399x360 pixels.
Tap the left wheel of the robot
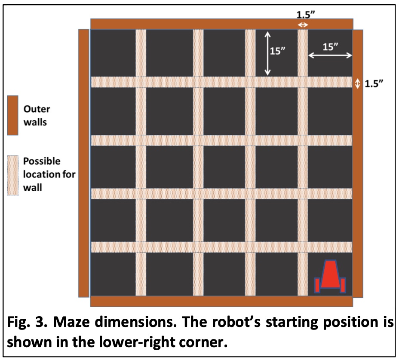coord(318,285)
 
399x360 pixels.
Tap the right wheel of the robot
coord(343,285)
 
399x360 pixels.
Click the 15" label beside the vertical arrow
coord(278,51)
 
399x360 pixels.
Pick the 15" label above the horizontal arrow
coord(330,47)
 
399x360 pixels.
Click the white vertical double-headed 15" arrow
coord(267,53)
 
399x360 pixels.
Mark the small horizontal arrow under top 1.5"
coord(303,25)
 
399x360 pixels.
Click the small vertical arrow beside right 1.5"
coord(358,84)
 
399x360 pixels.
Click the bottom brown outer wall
coord(221,301)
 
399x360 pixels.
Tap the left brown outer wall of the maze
coord(83,163)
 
